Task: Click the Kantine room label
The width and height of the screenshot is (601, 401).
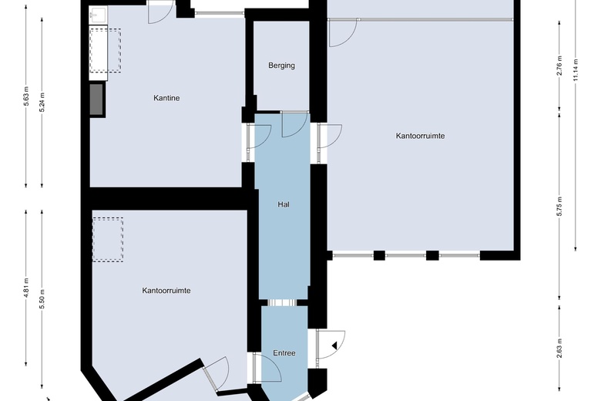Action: (x=166, y=98)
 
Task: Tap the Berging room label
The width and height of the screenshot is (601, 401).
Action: (x=282, y=66)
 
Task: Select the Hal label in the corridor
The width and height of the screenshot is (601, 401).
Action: (x=284, y=204)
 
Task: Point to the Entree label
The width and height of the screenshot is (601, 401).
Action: (x=284, y=353)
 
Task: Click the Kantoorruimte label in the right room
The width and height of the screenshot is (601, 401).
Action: (x=420, y=136)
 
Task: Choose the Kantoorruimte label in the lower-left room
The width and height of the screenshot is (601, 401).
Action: (x=166, y=291)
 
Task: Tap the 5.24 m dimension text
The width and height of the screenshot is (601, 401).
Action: (x=42, y=102)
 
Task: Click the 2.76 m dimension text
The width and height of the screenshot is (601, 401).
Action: (x=559, y=66)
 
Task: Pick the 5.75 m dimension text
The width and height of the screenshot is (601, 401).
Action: (x=559, y=206)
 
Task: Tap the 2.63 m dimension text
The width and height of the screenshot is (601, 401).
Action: (x=559, y=348)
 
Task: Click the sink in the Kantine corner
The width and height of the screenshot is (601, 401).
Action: (x=98, y=15)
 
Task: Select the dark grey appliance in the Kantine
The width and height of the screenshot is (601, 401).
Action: (x=96, y=99)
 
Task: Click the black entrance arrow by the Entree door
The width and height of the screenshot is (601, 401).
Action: (x=334, y=345)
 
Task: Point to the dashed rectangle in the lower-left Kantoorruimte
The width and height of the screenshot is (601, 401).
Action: (x=108, y=240)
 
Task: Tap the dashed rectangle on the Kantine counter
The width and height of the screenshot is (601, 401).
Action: (x=105, y=50)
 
